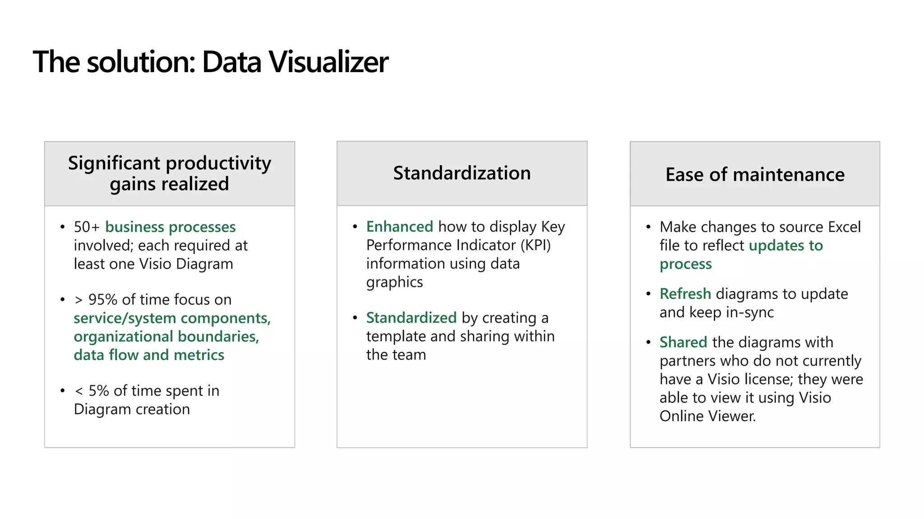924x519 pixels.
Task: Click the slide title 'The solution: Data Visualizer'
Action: [210, 62]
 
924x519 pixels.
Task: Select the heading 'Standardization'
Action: [462, 173]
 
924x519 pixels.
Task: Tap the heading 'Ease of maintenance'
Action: [755, 174]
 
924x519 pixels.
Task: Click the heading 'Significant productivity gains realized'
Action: [169, 173]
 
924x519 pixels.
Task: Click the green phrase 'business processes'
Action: [171, 227]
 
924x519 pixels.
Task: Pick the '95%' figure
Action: [103, 300]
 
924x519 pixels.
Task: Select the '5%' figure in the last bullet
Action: [99, 391]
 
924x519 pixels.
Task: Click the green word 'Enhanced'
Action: [399, 227]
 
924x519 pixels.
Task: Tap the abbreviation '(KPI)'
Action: [536, 245]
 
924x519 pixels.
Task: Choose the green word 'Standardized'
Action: [411, 318]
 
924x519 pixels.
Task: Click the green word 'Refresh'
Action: [685, 294]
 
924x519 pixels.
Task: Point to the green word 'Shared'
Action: [683, 342]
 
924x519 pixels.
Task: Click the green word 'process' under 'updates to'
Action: [685, 264]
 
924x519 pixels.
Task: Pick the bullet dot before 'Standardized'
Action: [355, 318]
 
